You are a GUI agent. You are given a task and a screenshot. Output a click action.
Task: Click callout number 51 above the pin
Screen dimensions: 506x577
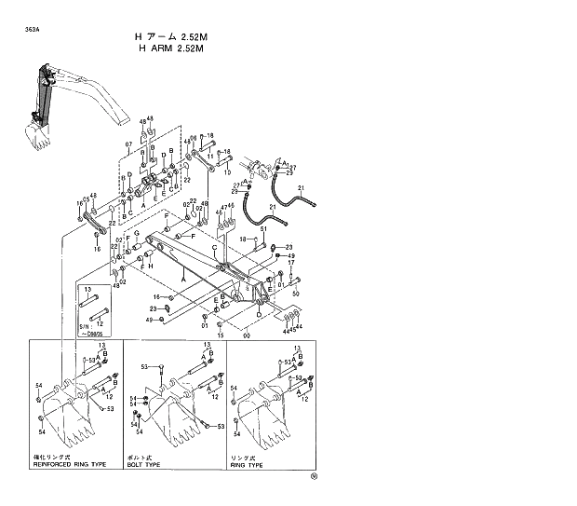click(x=264, y=229)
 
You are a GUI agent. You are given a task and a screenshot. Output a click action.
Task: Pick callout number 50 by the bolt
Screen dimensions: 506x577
click(x=296, y=294)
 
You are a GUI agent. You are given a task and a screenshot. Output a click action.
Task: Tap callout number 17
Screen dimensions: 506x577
click(x=292, y=265)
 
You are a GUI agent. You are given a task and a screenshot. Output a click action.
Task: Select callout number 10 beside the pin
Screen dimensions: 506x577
click(x=227, y=172)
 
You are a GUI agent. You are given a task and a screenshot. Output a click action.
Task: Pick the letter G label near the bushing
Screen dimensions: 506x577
click(x=136, y=232)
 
